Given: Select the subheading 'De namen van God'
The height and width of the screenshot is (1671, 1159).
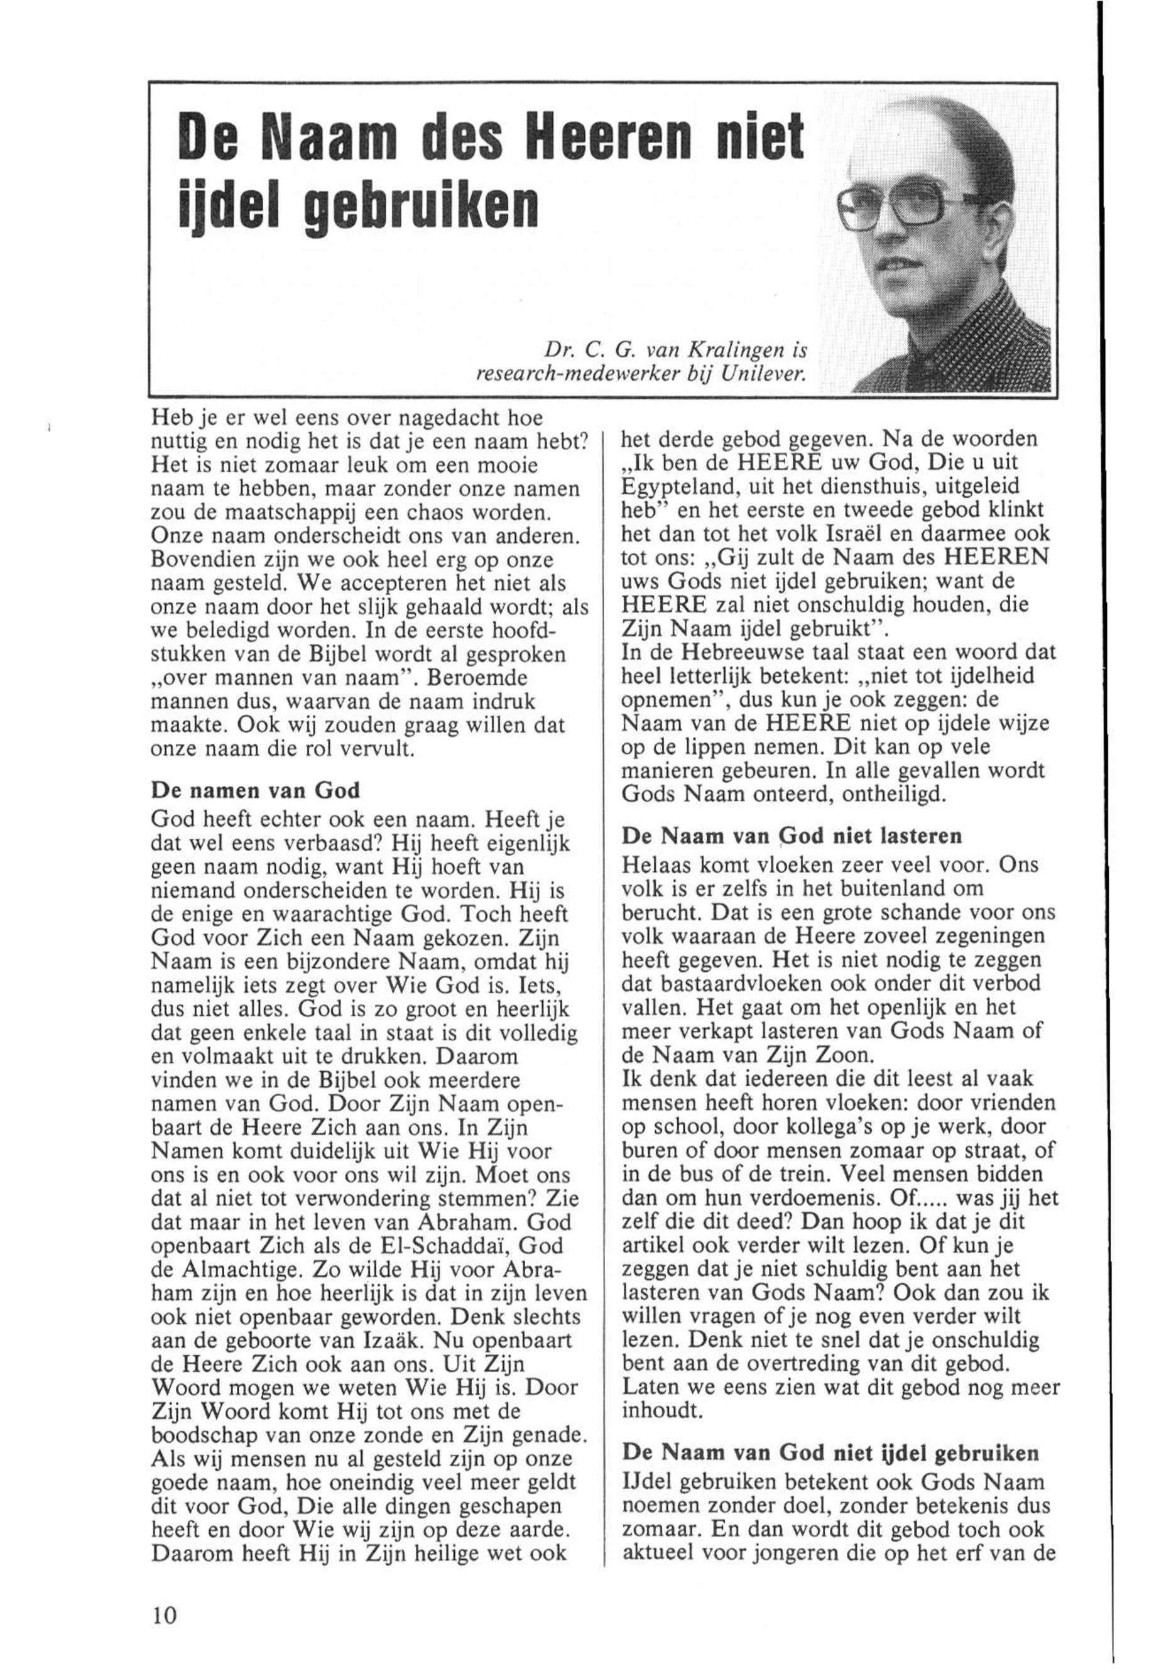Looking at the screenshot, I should [x=255, y=791].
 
